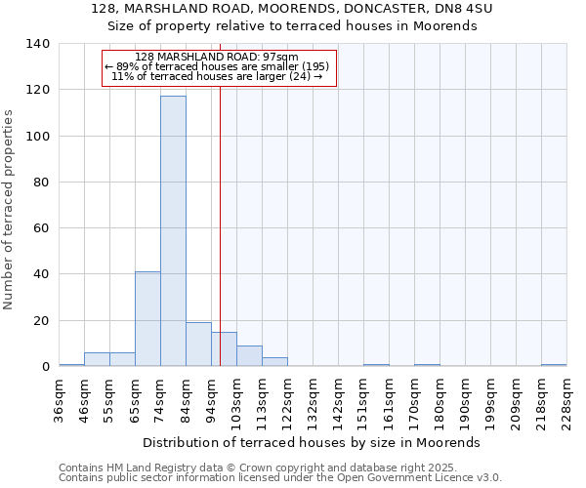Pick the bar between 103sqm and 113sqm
coord(249,356)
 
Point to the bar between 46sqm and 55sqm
coord(97,359)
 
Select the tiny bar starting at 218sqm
coord(554,365)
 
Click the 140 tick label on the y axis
coord(38,44)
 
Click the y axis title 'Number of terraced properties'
coord(10,209)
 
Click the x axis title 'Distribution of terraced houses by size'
coord(318,442)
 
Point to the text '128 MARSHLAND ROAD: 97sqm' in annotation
coord(217,58)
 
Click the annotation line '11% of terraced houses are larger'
coord(217,76)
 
